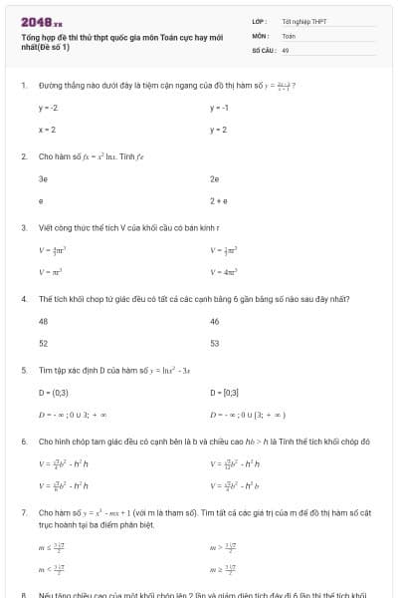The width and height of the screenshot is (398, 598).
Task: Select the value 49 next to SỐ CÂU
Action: (x=286, y=49)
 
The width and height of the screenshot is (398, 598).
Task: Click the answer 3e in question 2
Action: (x=44, y=178)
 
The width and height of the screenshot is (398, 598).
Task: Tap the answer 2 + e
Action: (x=220, y=200)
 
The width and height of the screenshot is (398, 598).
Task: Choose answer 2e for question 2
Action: (x=215, y=178)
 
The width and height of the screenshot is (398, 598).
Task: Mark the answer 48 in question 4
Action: (x=44, y=321)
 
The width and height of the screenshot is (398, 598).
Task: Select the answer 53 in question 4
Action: (x=215, y=343)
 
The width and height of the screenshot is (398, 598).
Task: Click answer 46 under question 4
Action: (x=215, y=321)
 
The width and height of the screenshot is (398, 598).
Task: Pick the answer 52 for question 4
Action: (x=44, y=343)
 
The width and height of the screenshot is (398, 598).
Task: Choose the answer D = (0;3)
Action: (x=54, y=392)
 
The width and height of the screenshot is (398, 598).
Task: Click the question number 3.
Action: (x=23, y=227)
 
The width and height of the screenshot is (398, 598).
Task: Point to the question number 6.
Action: (x=23, y=441)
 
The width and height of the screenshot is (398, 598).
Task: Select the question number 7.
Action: (x=23, y=511)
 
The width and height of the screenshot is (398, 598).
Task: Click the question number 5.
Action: (x=23, y=370)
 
